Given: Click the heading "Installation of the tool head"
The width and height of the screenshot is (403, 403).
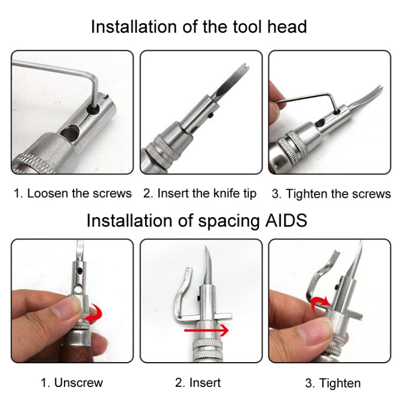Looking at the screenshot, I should [199, 27].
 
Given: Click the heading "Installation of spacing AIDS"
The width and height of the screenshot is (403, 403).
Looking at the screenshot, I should [197, 220].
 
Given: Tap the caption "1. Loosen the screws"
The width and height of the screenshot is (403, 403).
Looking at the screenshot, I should [73, 193].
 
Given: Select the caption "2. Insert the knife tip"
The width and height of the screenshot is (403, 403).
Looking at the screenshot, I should [200, 193].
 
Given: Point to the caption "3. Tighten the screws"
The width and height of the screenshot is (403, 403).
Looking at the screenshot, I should [331, 194].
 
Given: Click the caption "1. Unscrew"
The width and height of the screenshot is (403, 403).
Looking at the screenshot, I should [72, 383].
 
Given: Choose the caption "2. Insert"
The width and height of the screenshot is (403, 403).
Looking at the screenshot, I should [198, 383].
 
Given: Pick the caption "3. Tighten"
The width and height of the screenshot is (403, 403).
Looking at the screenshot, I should [333, 383].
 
